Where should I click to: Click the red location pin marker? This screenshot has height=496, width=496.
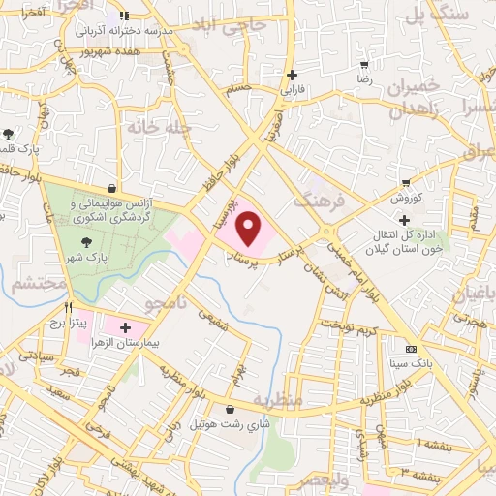250,229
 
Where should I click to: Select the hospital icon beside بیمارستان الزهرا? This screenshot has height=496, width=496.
125,328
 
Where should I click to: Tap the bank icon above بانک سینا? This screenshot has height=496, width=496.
411,348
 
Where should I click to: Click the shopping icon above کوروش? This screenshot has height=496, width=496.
406,182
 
